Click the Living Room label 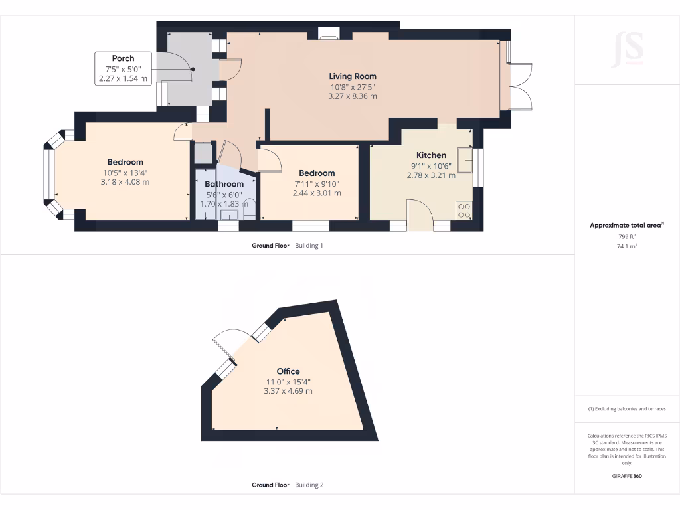coord(353,76)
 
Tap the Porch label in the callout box coord(123,58)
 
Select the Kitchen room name coord(431,155)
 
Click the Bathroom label coord(224,184)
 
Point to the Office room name coord(288,371)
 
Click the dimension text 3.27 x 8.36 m coord(353,96)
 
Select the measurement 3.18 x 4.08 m coord(125,182)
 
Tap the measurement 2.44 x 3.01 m coord(317,193)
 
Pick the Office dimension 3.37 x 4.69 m coord(288,391)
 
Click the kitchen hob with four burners coord(465,211)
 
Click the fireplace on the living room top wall coord(328,33)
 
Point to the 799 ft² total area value coord(626,236)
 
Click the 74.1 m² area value coord(626,246)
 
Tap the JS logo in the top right coord(628,48)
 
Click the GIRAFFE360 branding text coord(627,476)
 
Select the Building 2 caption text coord(309,485)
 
